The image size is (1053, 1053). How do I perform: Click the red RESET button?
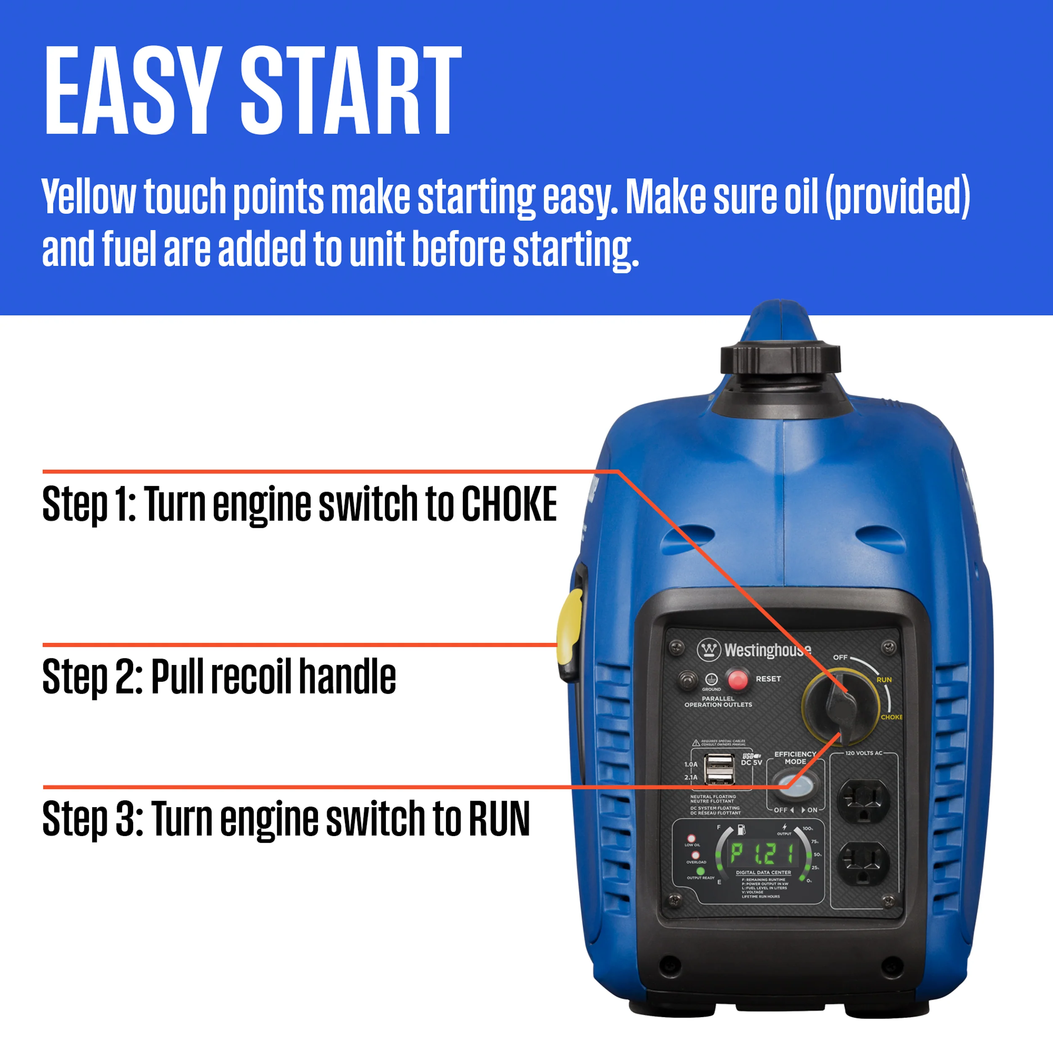[x=738, y=680]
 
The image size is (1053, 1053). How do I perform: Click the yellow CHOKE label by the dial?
[x=891, y=717]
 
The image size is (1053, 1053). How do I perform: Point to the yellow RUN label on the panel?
[x=884, y=680]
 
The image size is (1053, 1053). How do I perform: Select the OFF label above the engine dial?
[x=840, y=657]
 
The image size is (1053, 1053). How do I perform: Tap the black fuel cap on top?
[x=780, y=358]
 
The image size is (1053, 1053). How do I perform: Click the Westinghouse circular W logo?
[x=708, y=649]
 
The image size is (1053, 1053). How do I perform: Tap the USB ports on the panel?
[x=720, y=769]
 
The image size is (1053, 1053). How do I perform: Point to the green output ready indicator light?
[x=700, y=871]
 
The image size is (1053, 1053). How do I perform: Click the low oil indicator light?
[x=691, y=839]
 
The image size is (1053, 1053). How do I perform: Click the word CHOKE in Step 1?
[x=509, y=504]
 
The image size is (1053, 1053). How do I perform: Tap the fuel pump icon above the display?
[x=741, y=829]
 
